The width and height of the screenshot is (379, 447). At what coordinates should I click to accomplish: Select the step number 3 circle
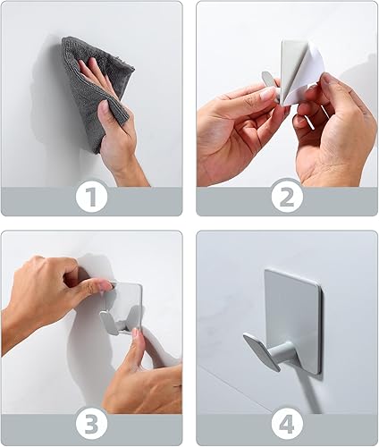coord(91,420)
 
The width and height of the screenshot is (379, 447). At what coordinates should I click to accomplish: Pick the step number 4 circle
coord(287,420)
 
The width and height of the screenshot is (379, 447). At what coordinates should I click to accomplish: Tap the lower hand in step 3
coord(143,375)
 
